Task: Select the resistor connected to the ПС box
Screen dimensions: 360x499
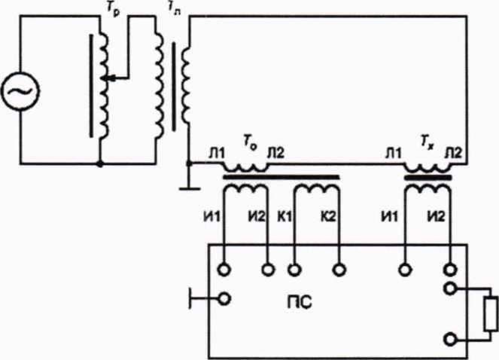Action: (x=491, y=312)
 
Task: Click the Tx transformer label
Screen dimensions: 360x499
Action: (x=427, y=141)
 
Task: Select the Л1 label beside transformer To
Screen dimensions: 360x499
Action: (x=216, y=154)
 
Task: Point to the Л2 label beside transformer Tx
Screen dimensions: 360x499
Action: (x=455, y=154)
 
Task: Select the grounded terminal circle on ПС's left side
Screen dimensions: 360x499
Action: (x=224, y=300)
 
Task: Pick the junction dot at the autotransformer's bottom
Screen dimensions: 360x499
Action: (x=100, y=162)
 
